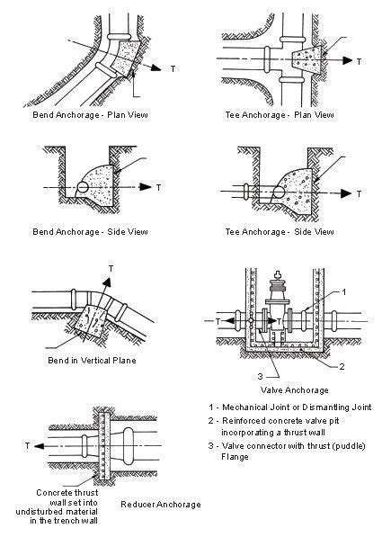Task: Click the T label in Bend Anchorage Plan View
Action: tap(167, 67)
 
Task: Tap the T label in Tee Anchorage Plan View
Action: tap(360, 61)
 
